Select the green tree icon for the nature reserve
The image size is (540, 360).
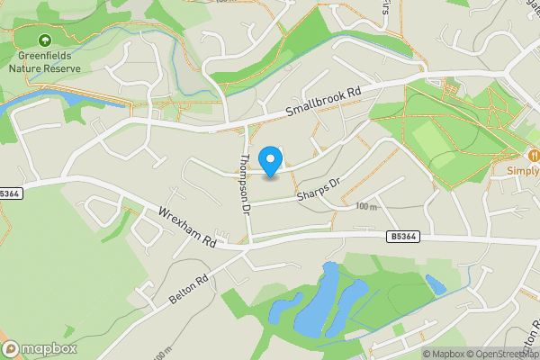coord(45,40)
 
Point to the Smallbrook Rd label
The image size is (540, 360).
coord(322,102)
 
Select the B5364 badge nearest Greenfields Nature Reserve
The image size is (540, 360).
coord(9,193)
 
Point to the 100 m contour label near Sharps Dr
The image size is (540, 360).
coord(365,206)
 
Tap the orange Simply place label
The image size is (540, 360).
coord(521,171)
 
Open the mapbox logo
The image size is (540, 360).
coord(40,348)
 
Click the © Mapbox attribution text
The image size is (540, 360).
coord(446,354)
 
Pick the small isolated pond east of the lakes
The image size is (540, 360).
coord(436,285)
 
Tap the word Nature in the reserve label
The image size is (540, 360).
coord(25,67)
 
